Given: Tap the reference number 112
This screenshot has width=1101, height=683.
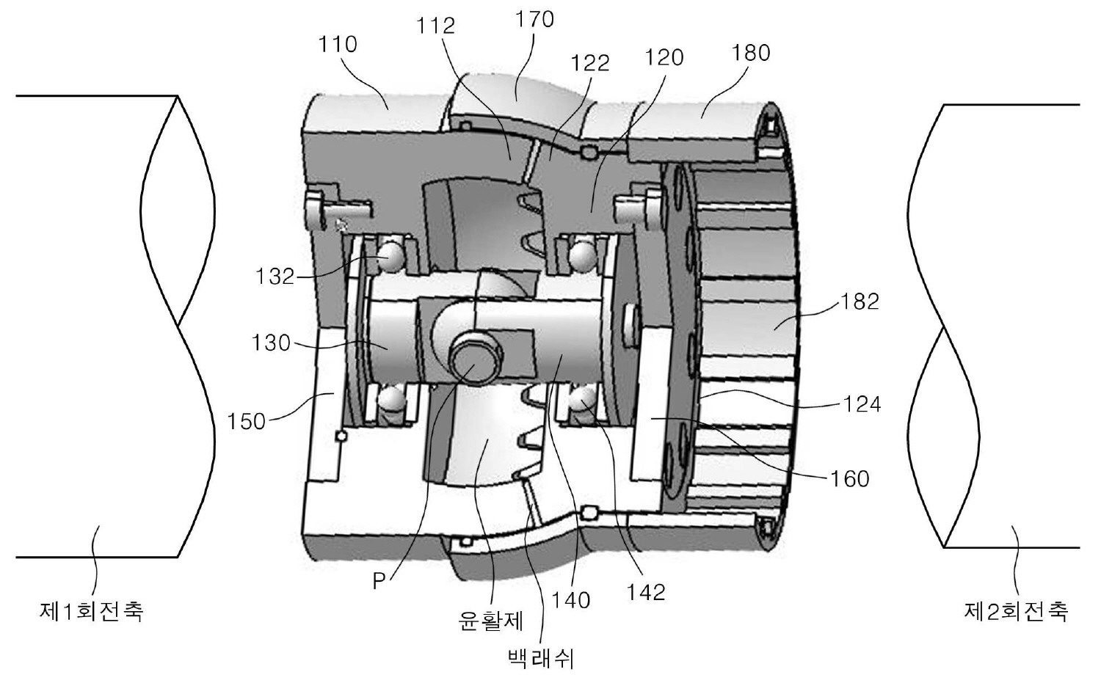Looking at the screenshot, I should [435, 26].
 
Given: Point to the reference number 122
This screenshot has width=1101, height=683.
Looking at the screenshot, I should [590, 63].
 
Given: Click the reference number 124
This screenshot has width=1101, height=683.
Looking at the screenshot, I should [862, 403].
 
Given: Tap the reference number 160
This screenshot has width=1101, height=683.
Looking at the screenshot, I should [849, 478].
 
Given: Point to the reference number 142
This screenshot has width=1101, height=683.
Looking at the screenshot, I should [645, 591].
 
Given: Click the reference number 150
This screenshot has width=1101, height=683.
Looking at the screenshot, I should [246, 421].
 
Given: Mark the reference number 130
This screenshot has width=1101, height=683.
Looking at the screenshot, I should [271, 343].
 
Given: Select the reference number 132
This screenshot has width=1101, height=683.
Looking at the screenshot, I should [275, 277].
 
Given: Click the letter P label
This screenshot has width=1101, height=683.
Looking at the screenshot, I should [379, 582].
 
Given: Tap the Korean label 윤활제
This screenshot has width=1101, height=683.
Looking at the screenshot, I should [490, 621].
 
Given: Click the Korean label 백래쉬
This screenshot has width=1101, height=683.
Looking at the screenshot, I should [540, 658].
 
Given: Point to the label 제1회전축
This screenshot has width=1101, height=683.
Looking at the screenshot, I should [91, 611].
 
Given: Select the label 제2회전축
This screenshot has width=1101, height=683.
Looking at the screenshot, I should [1015, 611].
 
